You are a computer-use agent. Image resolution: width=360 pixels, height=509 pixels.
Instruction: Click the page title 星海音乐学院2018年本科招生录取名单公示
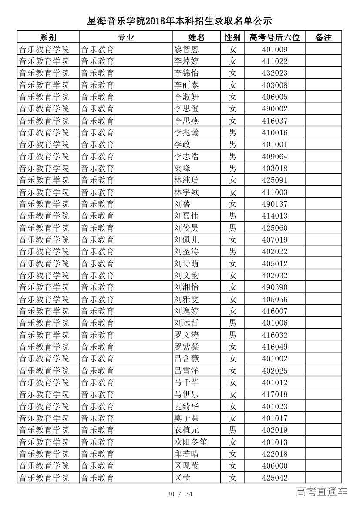[x=179, y=20]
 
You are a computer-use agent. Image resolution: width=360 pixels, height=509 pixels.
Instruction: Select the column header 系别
[x=48, y=37]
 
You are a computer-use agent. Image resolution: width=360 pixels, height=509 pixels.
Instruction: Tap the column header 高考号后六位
[x=275, y=37]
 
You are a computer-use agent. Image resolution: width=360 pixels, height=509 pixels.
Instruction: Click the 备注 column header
[x=323, y=37]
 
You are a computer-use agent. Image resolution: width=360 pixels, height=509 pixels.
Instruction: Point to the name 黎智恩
[x=186, y=49]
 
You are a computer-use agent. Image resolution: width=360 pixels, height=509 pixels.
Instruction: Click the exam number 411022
[x=275, y=61]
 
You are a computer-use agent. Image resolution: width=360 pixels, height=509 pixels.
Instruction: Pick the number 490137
[x=275, y=204]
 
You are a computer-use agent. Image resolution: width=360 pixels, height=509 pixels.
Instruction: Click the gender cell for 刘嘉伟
[x=233, y=216]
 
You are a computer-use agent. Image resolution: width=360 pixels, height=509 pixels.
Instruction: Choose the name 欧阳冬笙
[x=190, y=442]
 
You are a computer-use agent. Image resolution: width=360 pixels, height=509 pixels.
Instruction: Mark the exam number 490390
[x=275, y=287]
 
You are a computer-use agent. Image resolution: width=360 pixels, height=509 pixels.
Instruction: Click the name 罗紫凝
[x=186, y=347]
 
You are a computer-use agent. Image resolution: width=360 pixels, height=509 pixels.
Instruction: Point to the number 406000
[x=275, y=466]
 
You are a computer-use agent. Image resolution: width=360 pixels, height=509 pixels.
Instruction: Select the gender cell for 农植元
[x=233, y=430]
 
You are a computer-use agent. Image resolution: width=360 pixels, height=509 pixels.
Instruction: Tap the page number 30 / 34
[x=179, y=494]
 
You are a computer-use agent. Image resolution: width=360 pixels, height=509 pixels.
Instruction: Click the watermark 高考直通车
[x=322, y=492]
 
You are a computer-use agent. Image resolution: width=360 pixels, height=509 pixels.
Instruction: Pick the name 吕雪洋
[x=186, y=371]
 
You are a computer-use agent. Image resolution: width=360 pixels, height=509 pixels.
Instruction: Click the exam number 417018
[x=275, y=394]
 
